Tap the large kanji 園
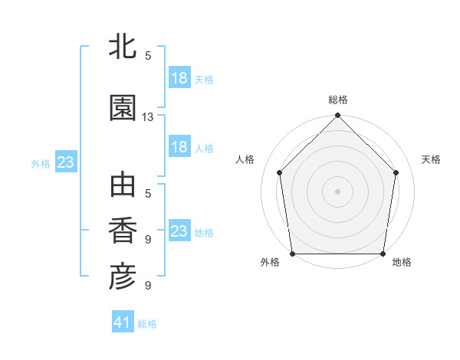[x=123, y=108]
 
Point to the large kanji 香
[x=123, y=231]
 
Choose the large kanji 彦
[x=123, y=277]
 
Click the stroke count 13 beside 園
[x=148, y=117]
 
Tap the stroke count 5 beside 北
[x=148, y=56]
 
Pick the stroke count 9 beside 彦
[x=148, y=286]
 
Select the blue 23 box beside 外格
[x=65, y=162]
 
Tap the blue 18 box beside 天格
[x=179, y=78]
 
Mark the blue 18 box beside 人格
[x=179, y=147]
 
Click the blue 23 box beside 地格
[x=179, y=231]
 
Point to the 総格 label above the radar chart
[x=338, y=100]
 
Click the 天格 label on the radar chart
[x=431, y=159]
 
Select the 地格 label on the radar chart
[x=402, y=262]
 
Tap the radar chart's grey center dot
[x=338, y=191]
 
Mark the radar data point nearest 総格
[x=338, y=116]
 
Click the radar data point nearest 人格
[x=280, y=172]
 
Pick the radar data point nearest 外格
[x=293, y=254]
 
